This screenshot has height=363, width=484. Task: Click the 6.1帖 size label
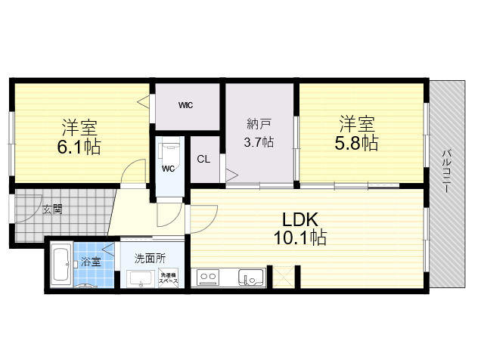tap(79, 147)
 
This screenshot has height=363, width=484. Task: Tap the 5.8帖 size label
tap(356, 143)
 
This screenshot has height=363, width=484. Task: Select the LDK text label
tap(300, 220)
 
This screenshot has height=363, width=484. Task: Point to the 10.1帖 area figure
tap(300, 237)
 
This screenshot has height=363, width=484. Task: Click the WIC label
tap(185, 105)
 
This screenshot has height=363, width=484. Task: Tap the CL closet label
tap(203, 160)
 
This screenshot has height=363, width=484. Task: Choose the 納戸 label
tap(259, 124)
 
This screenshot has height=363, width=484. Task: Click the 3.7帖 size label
tap(259, 142)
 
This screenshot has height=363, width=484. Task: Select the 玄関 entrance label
tap(52, 209)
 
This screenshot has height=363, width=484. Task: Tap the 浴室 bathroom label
tap(91, 262)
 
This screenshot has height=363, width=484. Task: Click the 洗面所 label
tap(150, 258)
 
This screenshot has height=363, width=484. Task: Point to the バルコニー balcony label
tap(446, 172)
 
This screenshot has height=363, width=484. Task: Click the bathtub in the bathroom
tap(62, 265)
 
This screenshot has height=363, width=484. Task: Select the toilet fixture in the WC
tap(169, 150)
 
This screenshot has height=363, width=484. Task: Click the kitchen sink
tap(252, 277)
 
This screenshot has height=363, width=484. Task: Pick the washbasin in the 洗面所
tap(141, 279)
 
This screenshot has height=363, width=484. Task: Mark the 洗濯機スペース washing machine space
tap(169, 278)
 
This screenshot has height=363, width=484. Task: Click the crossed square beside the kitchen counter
tap(284, 278)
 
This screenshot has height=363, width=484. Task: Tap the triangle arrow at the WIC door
tap(143, 101)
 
